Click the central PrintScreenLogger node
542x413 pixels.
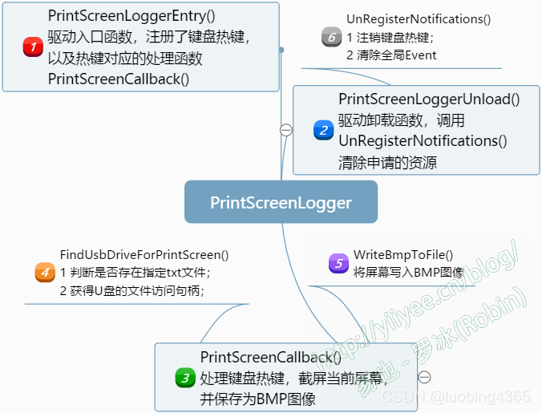click(x=281, y=202)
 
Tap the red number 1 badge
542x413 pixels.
click(x=33, y=47)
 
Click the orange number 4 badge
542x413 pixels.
click(x=45, y=272)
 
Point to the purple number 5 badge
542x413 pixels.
click(x=338, y=263)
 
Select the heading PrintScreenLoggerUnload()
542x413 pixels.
click(x=429, y=99)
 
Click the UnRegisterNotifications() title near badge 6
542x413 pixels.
click(x=419, y=18)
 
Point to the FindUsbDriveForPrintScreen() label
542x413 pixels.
click(x=144, y=254)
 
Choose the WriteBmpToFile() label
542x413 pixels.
click(x=403, y=254)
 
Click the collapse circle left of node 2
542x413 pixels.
click(x=285, y=130)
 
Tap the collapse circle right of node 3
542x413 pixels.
click(x=425, y=377)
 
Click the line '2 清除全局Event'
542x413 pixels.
click(x=391, y=55)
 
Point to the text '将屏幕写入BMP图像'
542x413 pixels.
click(x=409, y=273)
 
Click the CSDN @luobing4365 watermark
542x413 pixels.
click(x=455, y=397)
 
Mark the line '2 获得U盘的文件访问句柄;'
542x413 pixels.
click(x=132, y=291)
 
